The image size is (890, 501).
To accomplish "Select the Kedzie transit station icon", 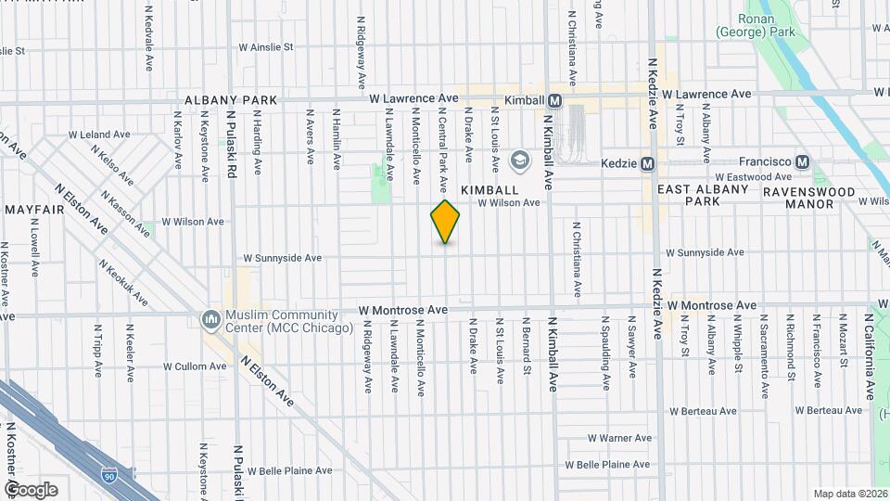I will (648, 163).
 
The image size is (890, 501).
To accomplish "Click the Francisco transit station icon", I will (804, 161).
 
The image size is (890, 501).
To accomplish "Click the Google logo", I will (31, 489).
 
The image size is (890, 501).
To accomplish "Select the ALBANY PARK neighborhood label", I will (231, 99).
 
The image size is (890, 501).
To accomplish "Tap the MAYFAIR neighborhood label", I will (33, 210).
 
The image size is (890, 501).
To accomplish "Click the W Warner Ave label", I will (621, 438).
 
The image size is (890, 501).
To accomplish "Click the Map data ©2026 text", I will (850, 494).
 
